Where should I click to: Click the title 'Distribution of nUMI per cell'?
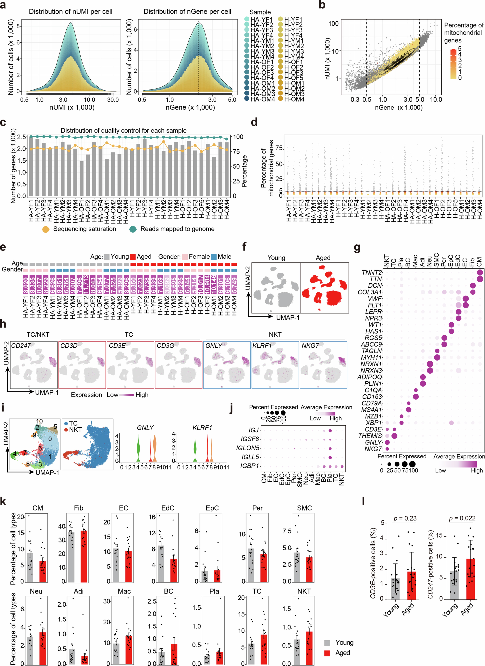tap(70, 12)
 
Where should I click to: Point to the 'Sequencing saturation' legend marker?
tap(46, 229)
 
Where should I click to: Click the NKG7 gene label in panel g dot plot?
tap(373, 449)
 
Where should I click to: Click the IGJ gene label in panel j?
tap(254, 430)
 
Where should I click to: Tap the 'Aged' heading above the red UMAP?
tap(323, 258)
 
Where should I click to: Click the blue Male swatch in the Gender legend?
tap(214, 257)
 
